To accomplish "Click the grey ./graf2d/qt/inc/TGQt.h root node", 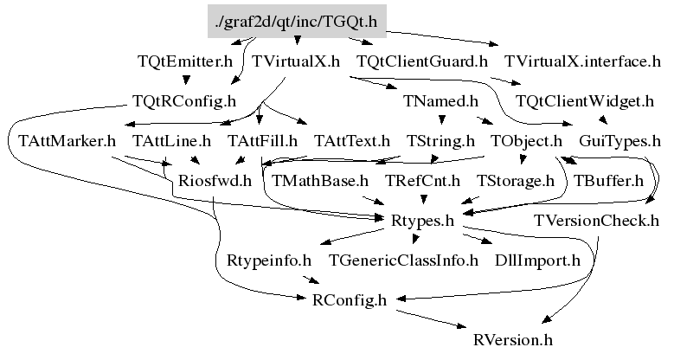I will [298, 22].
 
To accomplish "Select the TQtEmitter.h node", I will [184, 62].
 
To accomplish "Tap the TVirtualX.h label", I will [295, 62].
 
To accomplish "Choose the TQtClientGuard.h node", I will [421, 62].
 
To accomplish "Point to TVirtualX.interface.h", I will [582, 62].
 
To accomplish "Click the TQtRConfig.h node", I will [184, 101].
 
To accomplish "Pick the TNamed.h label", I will [440, 101].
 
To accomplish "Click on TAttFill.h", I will [262, 140].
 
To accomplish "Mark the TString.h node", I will [440, 140].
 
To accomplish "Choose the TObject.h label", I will [526, 140].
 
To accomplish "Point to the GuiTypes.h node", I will [619, 140].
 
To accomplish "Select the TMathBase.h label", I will [320, 181].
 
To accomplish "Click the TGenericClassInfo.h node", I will [403, 260].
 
